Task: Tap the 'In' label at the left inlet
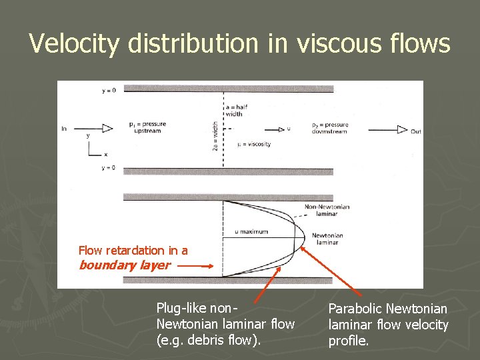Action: tap(64, 129)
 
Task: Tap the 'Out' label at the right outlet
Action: tap(416, 131)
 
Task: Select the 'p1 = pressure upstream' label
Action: tap(147, 127)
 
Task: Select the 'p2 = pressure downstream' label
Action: tap(330, 127)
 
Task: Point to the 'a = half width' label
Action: tap(235, 110)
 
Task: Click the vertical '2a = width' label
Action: tap(215, 135)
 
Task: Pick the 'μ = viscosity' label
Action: tap(254, 145)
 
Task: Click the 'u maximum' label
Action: tap(252, 231)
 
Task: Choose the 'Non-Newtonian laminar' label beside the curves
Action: tap(327, 211)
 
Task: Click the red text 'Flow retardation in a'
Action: tap(133, 251)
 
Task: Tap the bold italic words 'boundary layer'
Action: tap(125, 265)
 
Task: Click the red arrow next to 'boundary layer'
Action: tap(197, 265)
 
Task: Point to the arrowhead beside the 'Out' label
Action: tap(401, 130)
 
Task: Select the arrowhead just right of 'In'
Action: tap(107, 129)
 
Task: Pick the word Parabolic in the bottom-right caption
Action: tap(354, 309)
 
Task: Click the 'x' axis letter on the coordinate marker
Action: tap(105, 155)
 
